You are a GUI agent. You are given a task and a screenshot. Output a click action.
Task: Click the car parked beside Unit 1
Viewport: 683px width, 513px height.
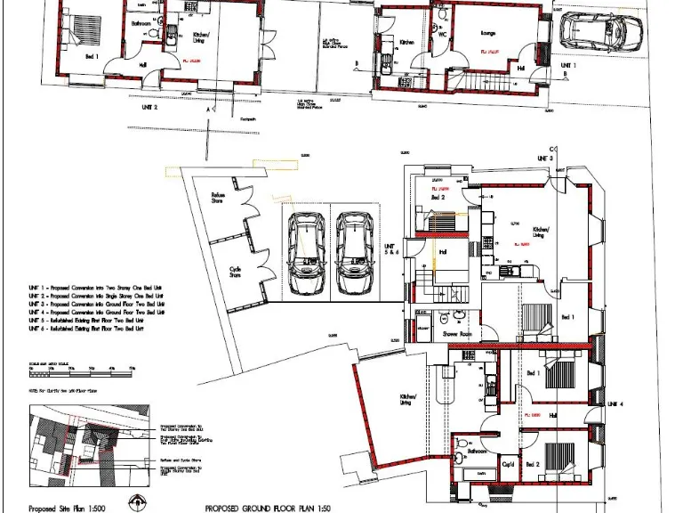[x=593, y=34]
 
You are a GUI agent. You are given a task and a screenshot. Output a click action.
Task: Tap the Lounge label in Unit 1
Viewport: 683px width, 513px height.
[x=487, y=34]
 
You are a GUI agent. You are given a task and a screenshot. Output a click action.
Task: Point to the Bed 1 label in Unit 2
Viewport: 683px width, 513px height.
[x=92, y=55]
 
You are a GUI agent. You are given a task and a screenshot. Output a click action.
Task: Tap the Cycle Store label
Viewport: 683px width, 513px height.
[x=236, y=271]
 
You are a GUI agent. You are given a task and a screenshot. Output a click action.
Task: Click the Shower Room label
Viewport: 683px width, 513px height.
[x=457, y=334]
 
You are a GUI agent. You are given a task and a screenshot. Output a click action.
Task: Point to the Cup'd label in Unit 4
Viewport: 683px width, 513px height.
[x=510, y=464]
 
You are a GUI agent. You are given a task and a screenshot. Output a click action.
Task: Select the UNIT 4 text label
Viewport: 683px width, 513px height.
[x=616, y=404]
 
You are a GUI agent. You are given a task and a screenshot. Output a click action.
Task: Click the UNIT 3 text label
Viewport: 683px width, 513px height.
[x=544, y=158]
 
